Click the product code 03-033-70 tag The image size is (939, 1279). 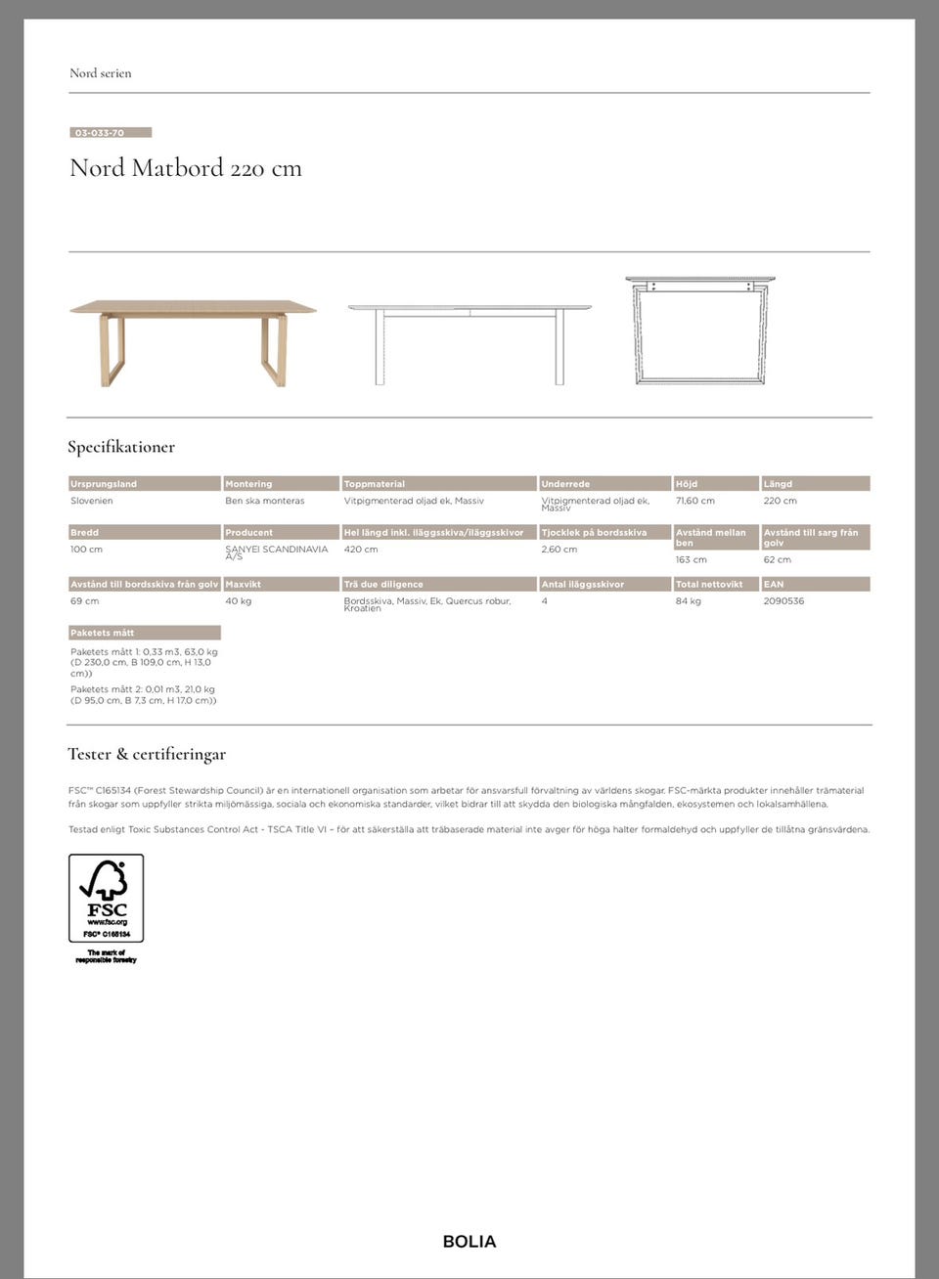110,133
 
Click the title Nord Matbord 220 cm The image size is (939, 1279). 186,168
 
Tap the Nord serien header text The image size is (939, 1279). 100,73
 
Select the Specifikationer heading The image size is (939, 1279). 121,447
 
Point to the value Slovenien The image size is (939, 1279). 92,501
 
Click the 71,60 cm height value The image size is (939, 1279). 694,501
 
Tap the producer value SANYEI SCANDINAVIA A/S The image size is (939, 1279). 276,552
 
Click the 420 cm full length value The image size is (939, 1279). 361,550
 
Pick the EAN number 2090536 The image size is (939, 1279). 783,601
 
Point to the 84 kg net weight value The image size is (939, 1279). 688,601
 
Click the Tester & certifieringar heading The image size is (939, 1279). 147,754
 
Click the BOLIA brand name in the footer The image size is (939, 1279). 469,1242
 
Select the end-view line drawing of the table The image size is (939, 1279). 699,331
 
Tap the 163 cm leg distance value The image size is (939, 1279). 691,560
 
